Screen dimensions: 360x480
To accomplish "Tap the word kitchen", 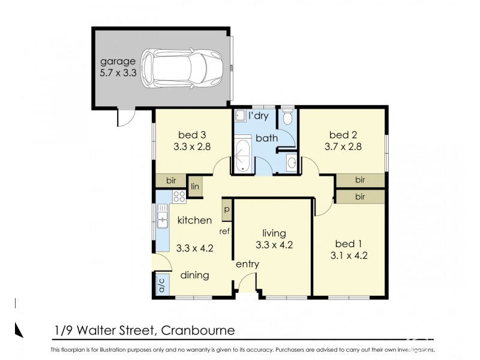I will tap(194, 220).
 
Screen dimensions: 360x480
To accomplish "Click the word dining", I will tap(195, 275).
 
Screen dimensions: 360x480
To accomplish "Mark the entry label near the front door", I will tap(247, 264).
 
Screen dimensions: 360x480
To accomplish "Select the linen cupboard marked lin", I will tap(195, 187).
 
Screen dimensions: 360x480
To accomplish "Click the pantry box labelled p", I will tap(227, 209).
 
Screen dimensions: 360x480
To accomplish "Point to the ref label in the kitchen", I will tap(226, 231).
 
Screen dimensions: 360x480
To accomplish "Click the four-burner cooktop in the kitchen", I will tap(179, 196).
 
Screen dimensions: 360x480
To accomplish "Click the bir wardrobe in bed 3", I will tap(171, 180).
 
